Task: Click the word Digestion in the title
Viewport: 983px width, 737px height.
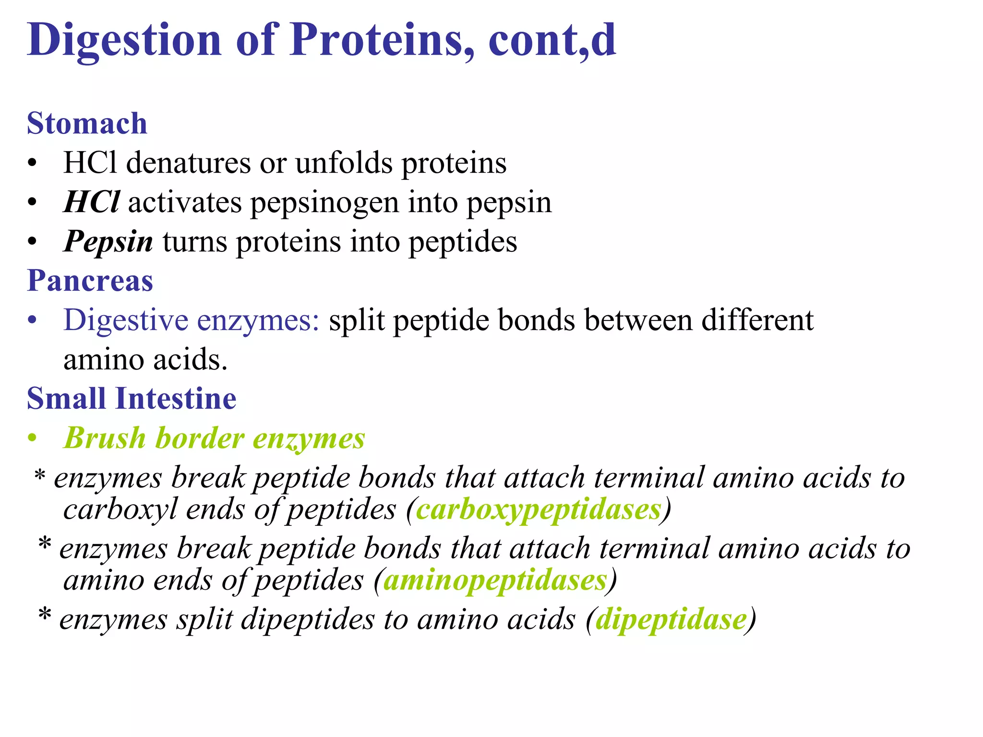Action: (124, 40)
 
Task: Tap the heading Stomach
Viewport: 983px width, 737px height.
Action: (87, 123)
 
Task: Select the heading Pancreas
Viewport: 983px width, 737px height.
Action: (90, 280)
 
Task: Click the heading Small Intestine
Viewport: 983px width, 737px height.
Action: (132, 399)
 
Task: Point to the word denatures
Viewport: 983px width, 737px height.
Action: (188, 163)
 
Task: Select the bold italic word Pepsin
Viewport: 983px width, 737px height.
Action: (108, 241)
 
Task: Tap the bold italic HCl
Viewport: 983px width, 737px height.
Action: (91, 202)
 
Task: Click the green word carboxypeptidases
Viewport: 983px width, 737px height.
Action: (539, 509)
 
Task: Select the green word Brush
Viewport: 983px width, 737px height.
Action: (105, 438)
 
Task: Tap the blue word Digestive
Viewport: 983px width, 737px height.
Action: (126, 320)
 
